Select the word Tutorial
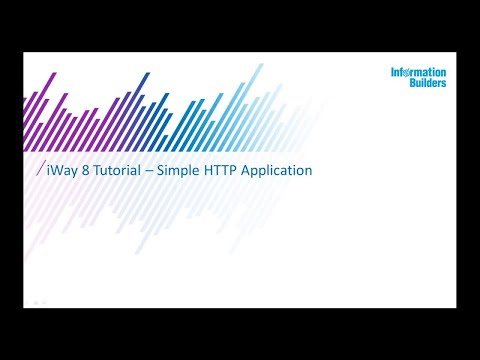(111, 170)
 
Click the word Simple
(175, 171)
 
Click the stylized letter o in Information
(413, 73)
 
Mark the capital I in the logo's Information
(393, 73)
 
